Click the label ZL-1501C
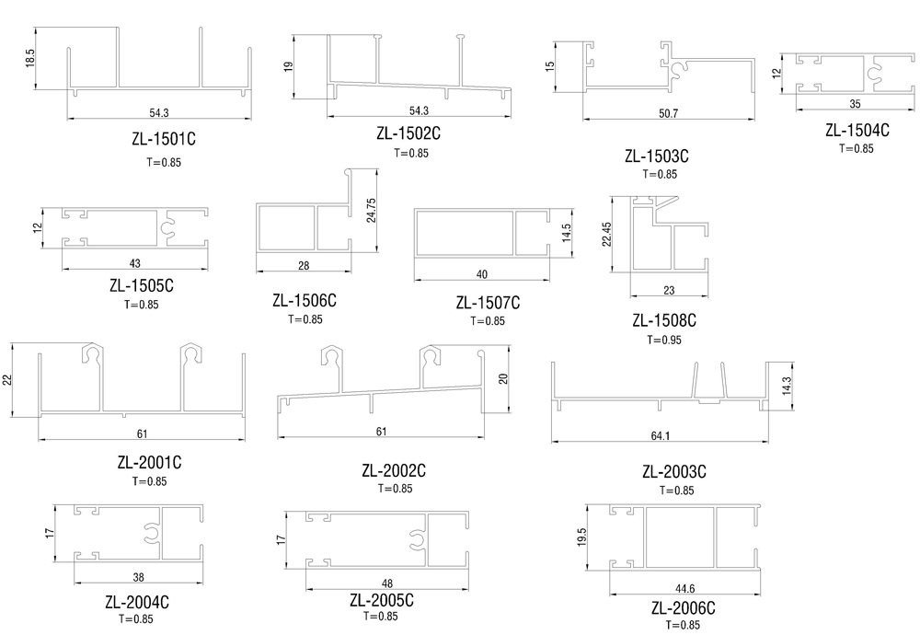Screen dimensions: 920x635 tap(164, 139)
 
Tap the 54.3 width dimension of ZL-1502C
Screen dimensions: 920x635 tap(419, 110)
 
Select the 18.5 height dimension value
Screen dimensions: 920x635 tap(30, 58)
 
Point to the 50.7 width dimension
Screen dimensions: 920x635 tap(668, 113)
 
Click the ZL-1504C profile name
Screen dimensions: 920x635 tap(857, 130)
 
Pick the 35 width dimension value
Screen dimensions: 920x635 tap(856, 104)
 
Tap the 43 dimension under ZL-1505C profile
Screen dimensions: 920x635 tap(135, 263)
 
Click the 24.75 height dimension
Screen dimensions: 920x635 tap(371, 210)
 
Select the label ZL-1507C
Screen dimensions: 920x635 tap(489, 303)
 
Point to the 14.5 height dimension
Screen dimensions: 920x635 tap(566, 233)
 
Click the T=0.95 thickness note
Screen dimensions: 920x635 tap(664, 340)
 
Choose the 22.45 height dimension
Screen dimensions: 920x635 tap(606, 234)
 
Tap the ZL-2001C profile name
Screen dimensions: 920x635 tap(150, 463)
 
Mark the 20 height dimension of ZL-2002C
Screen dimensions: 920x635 tap(503, 378)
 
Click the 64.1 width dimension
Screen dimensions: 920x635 tap(660, 436)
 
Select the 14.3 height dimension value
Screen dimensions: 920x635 tap(787, 386)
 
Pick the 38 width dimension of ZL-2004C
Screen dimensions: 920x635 tap(139, 578)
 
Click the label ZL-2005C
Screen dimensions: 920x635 tap(382, 600)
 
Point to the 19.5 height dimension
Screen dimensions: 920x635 tap(581, 537)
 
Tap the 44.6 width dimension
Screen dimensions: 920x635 tap(684, 589)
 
